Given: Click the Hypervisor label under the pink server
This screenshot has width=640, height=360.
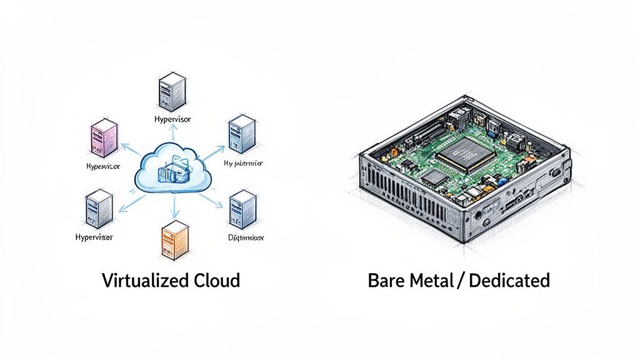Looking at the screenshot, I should tap(102, 167).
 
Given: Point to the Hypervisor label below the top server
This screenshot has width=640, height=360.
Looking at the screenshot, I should tap(172, 118).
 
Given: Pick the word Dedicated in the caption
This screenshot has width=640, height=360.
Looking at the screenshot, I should tap(509, 280).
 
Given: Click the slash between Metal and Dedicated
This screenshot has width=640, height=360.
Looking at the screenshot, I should tap(462, 280).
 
